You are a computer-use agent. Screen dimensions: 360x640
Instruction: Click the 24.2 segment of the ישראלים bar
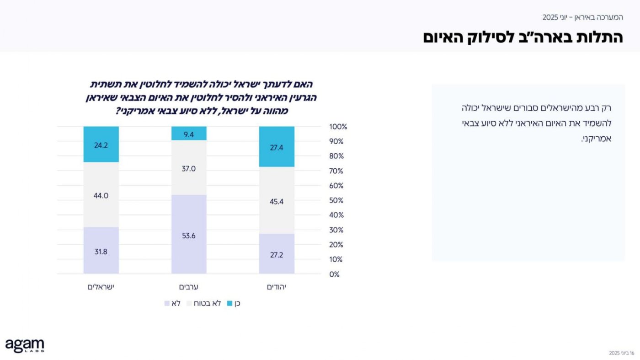[101, 145]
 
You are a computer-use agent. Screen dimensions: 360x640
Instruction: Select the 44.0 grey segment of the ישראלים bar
[101, 195]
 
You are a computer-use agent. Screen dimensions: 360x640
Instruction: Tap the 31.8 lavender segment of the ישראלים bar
[101, 251]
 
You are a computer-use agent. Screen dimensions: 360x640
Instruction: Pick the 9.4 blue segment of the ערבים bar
[189, 134]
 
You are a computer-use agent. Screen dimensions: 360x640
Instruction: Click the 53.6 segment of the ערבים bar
[189, 235]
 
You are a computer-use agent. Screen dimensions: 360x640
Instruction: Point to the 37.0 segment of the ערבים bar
[189, 168]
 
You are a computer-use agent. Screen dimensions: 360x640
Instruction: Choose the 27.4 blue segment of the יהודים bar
[277, 147]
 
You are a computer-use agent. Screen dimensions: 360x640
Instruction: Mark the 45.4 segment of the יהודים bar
[277, 200]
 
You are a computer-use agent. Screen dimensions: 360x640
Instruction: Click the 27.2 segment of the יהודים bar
[277, 254]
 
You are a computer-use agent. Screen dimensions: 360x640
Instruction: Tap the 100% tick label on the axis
[338, 127]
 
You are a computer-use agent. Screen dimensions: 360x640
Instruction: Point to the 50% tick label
[336, 200]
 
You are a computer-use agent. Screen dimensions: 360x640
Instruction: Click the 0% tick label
[334, 274]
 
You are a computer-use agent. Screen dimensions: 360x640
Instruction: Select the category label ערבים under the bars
[189, 287]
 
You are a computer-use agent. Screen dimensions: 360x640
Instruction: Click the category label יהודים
[277, 287]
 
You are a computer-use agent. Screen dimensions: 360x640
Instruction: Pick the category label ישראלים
[101, 287]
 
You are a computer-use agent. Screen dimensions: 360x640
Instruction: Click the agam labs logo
[25, 345]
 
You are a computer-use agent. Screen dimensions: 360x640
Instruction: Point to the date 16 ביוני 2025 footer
[622, 353]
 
